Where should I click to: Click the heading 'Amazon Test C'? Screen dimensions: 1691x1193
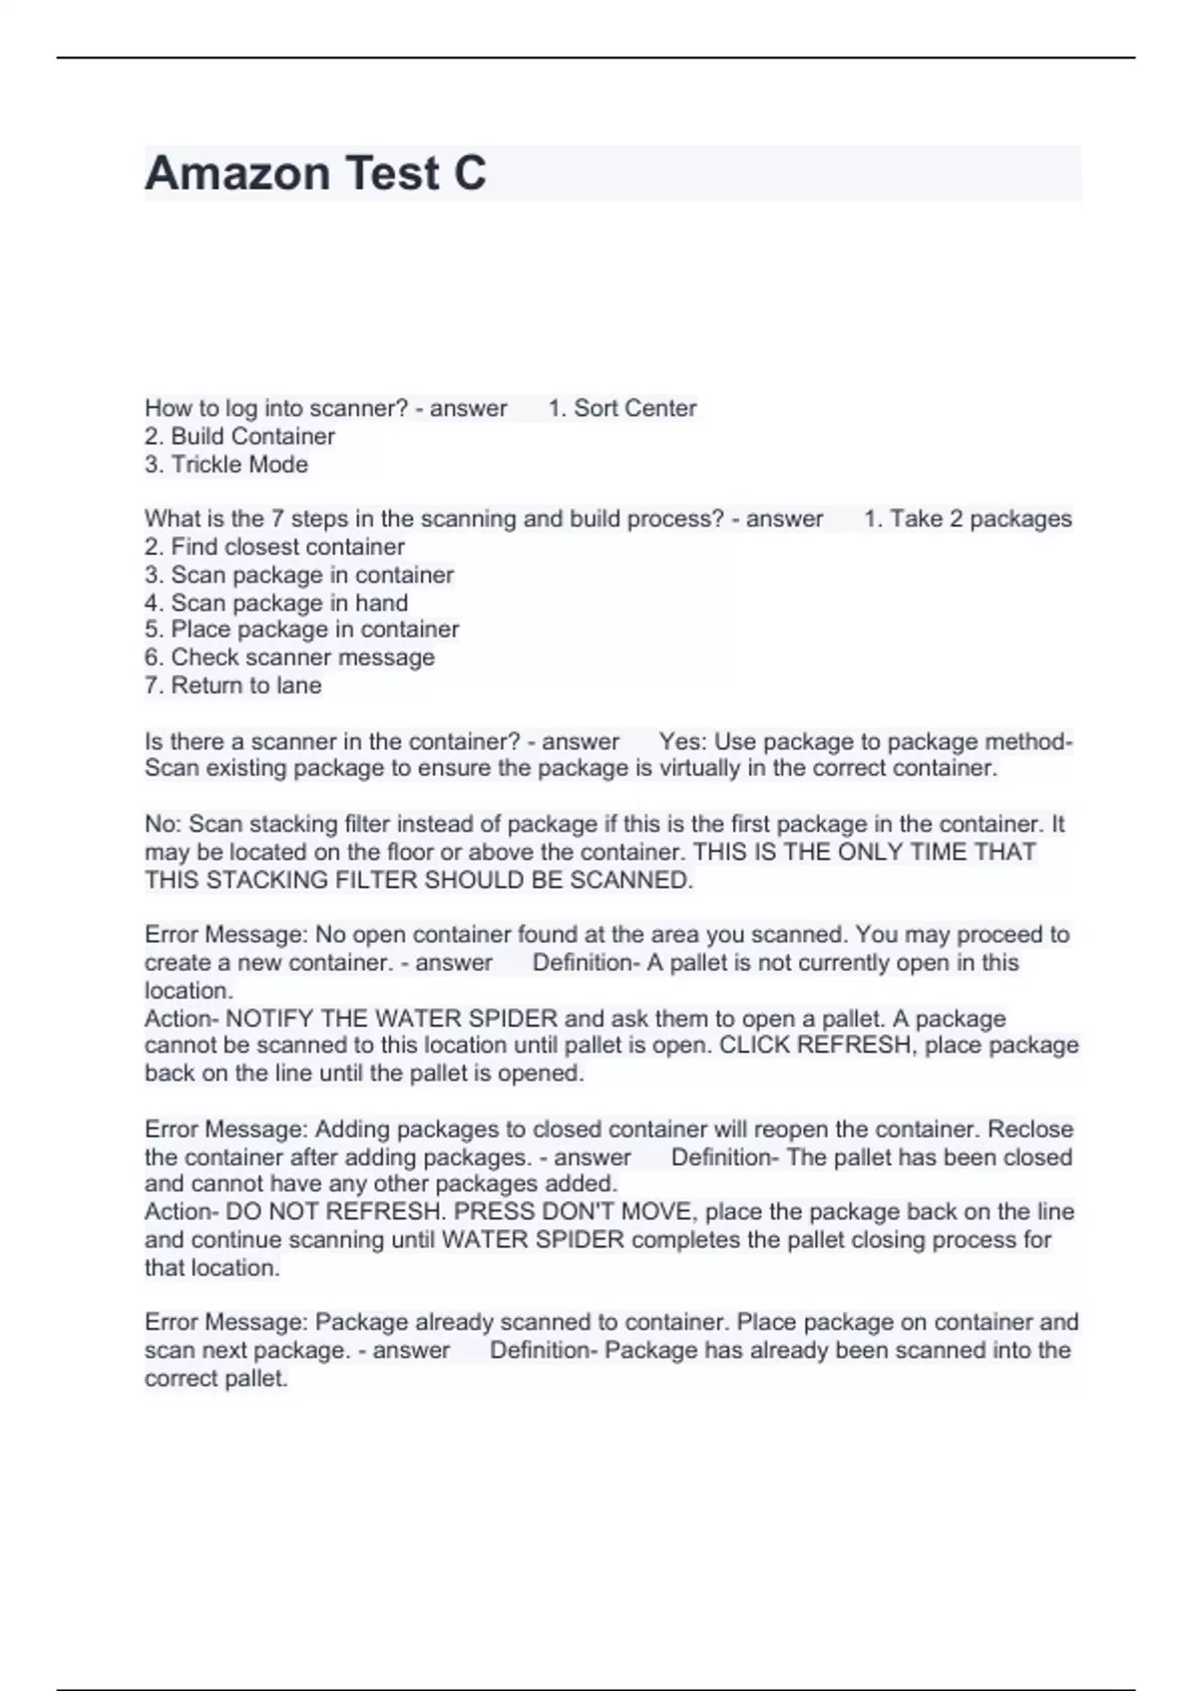315,173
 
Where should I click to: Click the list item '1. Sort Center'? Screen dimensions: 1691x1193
622,408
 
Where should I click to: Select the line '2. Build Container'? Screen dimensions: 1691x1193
240,436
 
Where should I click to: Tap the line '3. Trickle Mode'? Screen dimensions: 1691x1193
227,464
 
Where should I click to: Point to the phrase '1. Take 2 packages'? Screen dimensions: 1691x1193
967,518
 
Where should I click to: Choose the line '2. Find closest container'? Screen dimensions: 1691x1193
274,546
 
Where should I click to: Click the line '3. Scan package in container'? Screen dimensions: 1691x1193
299,574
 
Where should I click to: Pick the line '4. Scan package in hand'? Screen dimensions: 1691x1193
276,602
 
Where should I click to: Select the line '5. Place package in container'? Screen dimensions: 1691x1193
302,629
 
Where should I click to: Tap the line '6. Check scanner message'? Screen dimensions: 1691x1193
289,657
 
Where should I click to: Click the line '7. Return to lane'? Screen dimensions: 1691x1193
234,684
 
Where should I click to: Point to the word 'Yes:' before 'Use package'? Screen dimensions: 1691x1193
683,741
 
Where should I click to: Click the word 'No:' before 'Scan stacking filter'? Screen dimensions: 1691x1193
163,824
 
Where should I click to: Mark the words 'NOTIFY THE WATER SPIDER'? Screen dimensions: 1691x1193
392,1019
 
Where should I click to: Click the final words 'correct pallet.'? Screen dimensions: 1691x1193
216,1379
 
